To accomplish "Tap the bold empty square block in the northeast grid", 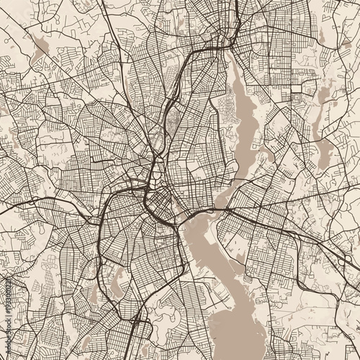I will pos(297,89).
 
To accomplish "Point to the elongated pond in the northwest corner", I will pos(40,46).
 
